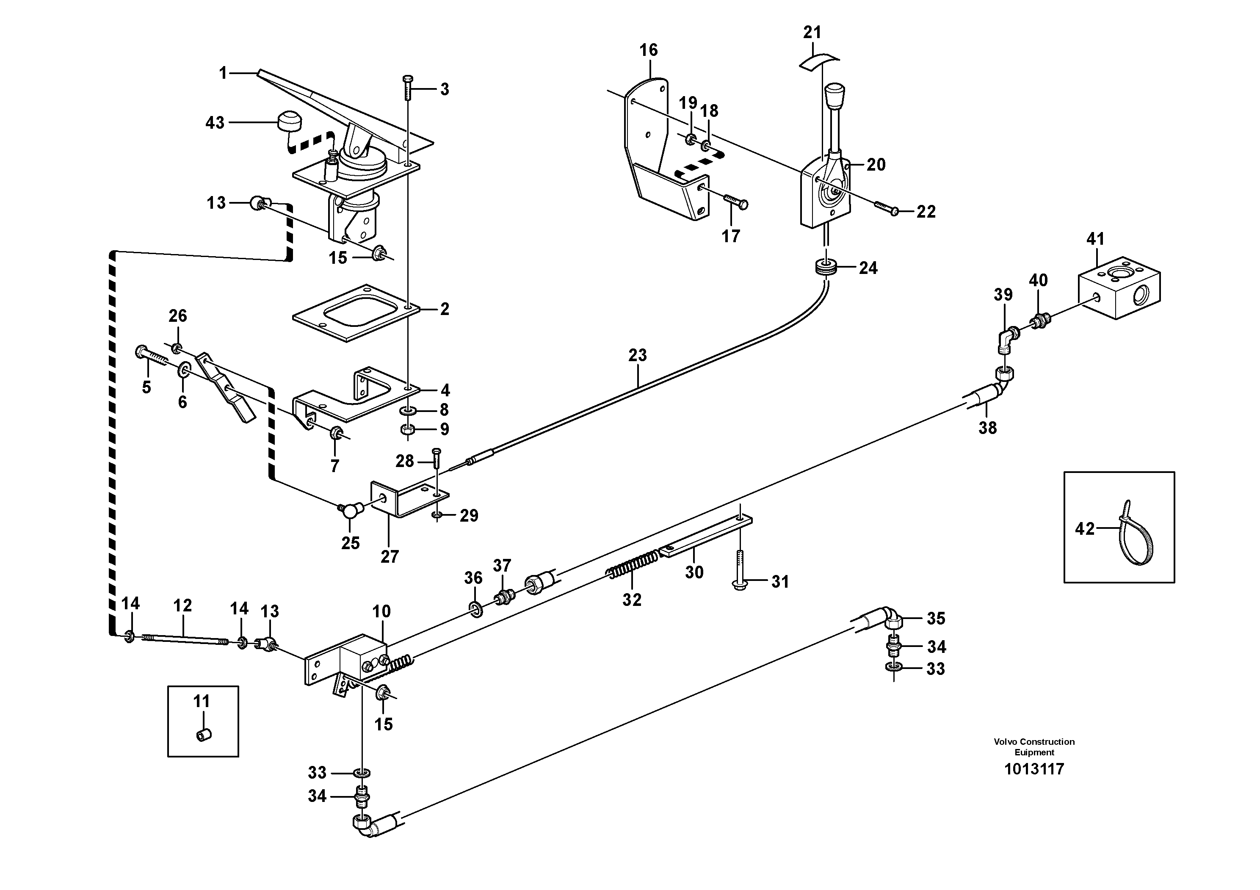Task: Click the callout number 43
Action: (x=215, y=122)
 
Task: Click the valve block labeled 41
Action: (x=1120, y=287)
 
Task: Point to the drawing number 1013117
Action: (x=1034, y=769)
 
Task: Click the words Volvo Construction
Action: (x=1034, y=741)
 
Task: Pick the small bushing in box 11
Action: (x=204, y=734)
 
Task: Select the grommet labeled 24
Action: (x=825, y=269)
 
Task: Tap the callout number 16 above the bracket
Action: (x=648, y=50)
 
